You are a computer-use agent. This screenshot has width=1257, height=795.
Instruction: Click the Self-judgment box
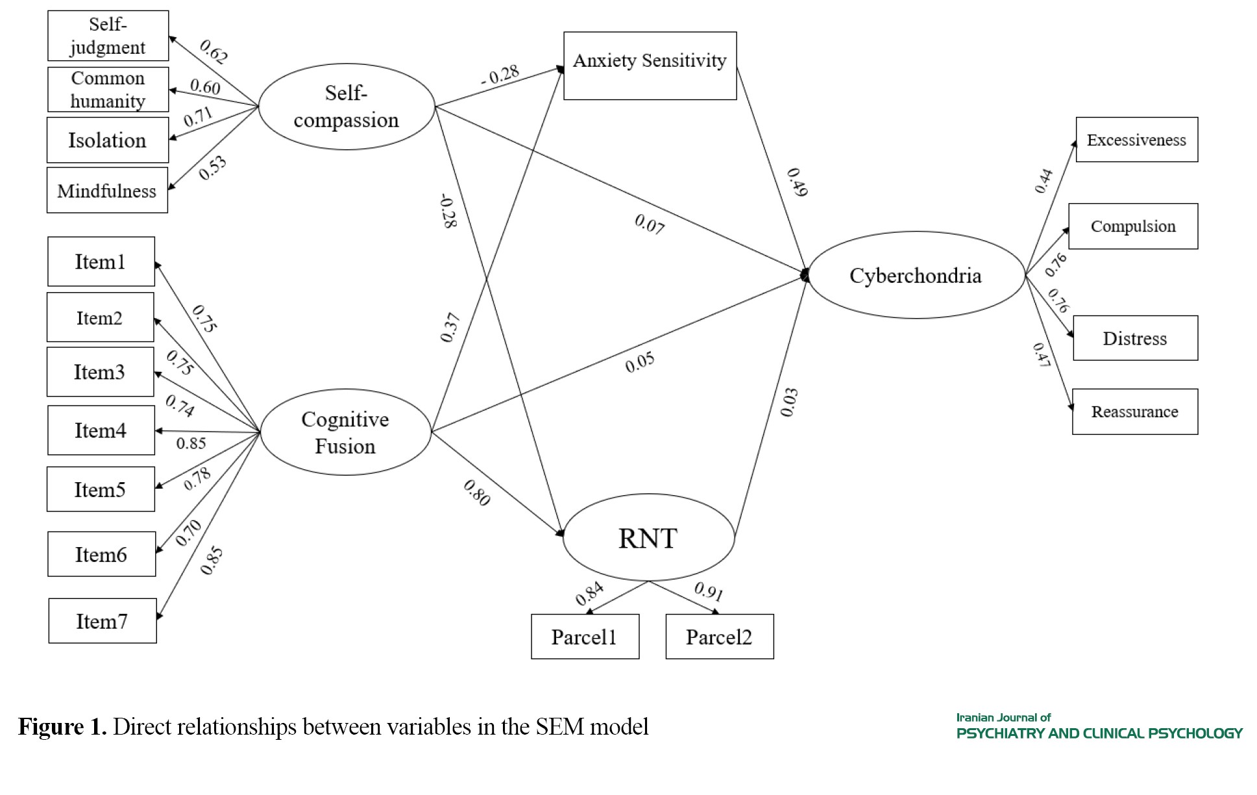coord(108,36)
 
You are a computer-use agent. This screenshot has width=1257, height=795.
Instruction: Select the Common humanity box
coord(108,90)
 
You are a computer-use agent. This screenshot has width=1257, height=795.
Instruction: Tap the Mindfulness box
coord(107,190)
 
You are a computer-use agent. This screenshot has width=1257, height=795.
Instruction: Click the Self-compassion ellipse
coord(346,106)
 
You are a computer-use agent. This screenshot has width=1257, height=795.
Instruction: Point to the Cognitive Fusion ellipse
coord(345,432)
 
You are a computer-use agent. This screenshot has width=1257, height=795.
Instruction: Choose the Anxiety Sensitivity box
coord(650,66)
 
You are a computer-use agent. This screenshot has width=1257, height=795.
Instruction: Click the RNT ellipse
coord(648,538)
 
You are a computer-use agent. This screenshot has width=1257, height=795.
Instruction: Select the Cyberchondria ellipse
coord(916,275)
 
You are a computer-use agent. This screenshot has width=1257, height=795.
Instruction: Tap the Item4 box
coord(101,430)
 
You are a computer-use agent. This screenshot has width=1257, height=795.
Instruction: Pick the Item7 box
coord(102,621)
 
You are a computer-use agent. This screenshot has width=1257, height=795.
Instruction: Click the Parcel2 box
coord(719,637)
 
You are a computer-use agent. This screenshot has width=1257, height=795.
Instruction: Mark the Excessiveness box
coord(1136,140)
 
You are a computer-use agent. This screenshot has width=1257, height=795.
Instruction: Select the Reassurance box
coord(1134,411)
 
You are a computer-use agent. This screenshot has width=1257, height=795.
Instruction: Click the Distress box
coord(1135,338)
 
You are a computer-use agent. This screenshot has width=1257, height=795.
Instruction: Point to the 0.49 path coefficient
coord(797,182)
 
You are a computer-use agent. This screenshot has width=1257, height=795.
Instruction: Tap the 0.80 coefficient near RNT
coord(477,493)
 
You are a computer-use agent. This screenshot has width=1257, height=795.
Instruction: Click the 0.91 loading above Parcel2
coord(709,591)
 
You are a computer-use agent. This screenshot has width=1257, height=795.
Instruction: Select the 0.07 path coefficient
coord(650,224)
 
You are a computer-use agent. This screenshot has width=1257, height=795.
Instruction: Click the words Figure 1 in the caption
coord(62,726)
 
